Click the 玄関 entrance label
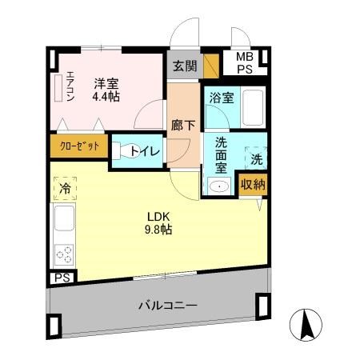pyautogui.click(x=185, y=66)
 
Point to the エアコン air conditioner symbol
pyautogui.click(x=58, y=88)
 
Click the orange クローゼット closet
pyautogui.click(x=78, y=146)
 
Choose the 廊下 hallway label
pyautogui.click(x=180, y=126)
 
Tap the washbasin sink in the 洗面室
pyautogui.click(x=218, y=186)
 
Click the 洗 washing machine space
pyautogui.click(x=256, y=158)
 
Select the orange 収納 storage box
pyautogui.click(x=254, y=184)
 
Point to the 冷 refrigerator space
pyautogui.click(x=62, y=189)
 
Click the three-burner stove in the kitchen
pyautogui.click(x=63, y=254)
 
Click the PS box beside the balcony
pyautogui.click(x=61, y=278)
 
